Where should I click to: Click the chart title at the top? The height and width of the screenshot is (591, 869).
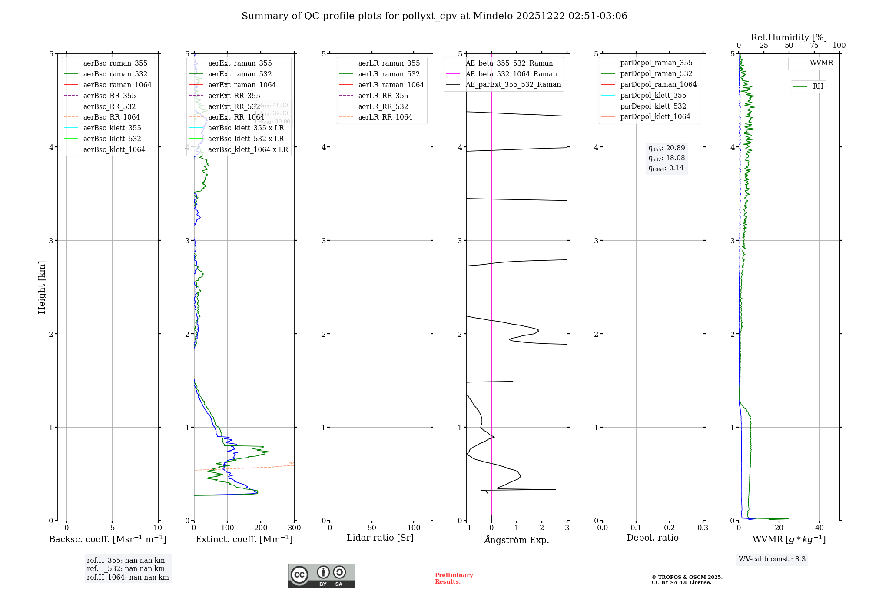(x=434, y=16)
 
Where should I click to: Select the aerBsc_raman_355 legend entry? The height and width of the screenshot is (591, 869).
(x=115, y=63)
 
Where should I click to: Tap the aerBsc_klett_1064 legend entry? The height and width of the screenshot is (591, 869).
(x=114, y=149)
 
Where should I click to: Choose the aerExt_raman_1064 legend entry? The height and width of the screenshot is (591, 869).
(x=242, y=85)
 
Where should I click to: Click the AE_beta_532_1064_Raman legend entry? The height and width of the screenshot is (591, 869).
(x=511, y=74)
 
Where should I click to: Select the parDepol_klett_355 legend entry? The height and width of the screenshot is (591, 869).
(x=653, y=95)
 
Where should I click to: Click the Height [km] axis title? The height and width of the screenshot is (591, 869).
(x=42, y=287)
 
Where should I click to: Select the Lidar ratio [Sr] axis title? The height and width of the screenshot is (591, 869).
(x=380, y=538)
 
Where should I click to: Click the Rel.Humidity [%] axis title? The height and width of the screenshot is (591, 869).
(x=789, y=37)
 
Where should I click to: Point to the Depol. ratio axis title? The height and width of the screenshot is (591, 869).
(x=652, y=538)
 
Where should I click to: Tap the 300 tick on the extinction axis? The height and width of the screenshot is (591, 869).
(x=294, y=528)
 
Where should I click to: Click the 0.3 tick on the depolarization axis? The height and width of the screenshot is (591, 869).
(x=703, y=528)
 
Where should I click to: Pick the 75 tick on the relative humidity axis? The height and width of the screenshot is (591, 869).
(x=814, y=46)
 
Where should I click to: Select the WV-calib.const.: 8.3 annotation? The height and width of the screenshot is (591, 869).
(x=772, y=559)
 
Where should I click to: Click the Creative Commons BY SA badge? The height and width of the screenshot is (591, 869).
(x=321, y=576)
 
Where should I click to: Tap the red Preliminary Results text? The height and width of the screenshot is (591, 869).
(x=454, y=578)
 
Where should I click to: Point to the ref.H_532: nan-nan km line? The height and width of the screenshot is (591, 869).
(x=126, y=568)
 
